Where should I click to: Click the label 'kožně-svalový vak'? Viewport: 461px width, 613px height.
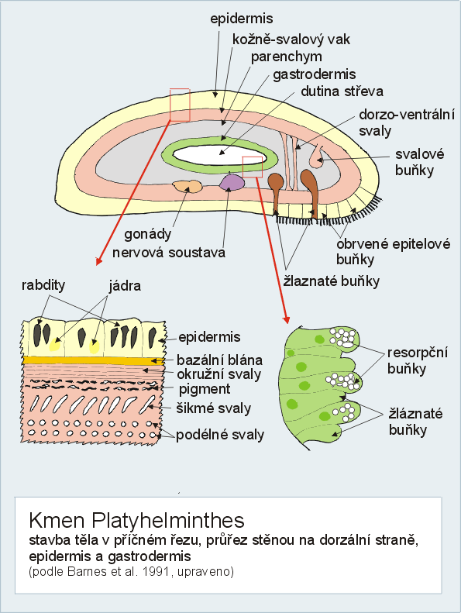pyautogui.click(x=291, y=40)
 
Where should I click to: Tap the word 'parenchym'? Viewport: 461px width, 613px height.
pyautogui.click(x=286, y=57)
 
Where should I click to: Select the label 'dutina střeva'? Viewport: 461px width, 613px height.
pyautogui.click(x=342, y=91)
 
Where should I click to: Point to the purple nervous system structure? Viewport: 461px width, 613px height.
pyautogui.click(x=232, y=182)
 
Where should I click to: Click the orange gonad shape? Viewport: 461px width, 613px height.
pyautogui.click(x=187, y=187)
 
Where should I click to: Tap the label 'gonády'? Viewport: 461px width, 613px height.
pyautogui.click(x=148, y=235)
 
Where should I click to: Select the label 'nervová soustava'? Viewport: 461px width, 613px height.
pyautogui.click(x=169, y=252)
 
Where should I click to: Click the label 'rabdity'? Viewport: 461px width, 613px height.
pyautogui.click(x=43, y=285)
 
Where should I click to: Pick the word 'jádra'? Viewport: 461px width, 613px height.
pyautogui.click(x=125, y=286)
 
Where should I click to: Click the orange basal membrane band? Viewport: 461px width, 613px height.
pyautogui.click(x=93, y=360)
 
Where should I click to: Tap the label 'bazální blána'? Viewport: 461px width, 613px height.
pyautogui.click(x=219, y=360)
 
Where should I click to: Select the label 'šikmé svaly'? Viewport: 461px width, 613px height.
pyautogui.click(x=214, y=408)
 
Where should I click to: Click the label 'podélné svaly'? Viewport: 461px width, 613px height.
pyautogui.click(x=220, y=435)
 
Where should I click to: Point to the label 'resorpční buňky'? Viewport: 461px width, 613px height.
pyautogui.click(x=417, y=361)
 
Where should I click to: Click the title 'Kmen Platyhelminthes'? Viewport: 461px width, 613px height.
pyautogui.click(x=136, y=521)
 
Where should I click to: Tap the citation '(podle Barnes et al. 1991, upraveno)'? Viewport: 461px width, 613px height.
pyautogui.click(x=132, y=572)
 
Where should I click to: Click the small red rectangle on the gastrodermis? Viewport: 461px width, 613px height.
pyautogui.click(x=253, y=167)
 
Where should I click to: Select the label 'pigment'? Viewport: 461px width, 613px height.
pyautogui.click(x=205, y=389)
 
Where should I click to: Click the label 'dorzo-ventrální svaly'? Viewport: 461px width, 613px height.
pyautogui.click(x=407, y=122)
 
